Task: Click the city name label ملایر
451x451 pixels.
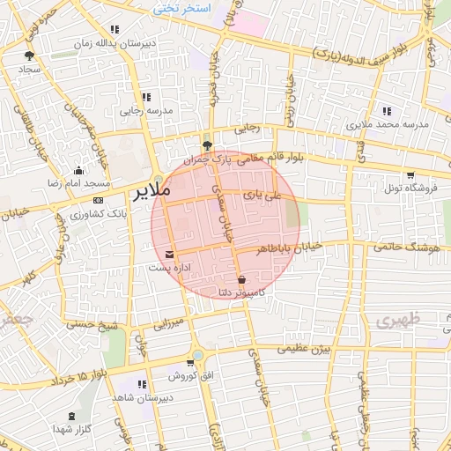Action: (148, 190)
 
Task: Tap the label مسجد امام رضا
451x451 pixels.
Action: (79, 183)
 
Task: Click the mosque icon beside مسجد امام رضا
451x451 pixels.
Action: (79, 171)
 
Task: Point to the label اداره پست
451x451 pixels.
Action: (166, 267)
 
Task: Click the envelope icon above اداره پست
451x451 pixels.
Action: (170, 255)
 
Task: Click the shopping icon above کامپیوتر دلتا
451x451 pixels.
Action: (241, 279)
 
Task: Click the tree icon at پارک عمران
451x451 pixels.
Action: (207, 145)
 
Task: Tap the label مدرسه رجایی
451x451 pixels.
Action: (144, 111)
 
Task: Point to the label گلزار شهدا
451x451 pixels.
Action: (72, 428)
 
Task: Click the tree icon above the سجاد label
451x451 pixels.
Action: (30, 55)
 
